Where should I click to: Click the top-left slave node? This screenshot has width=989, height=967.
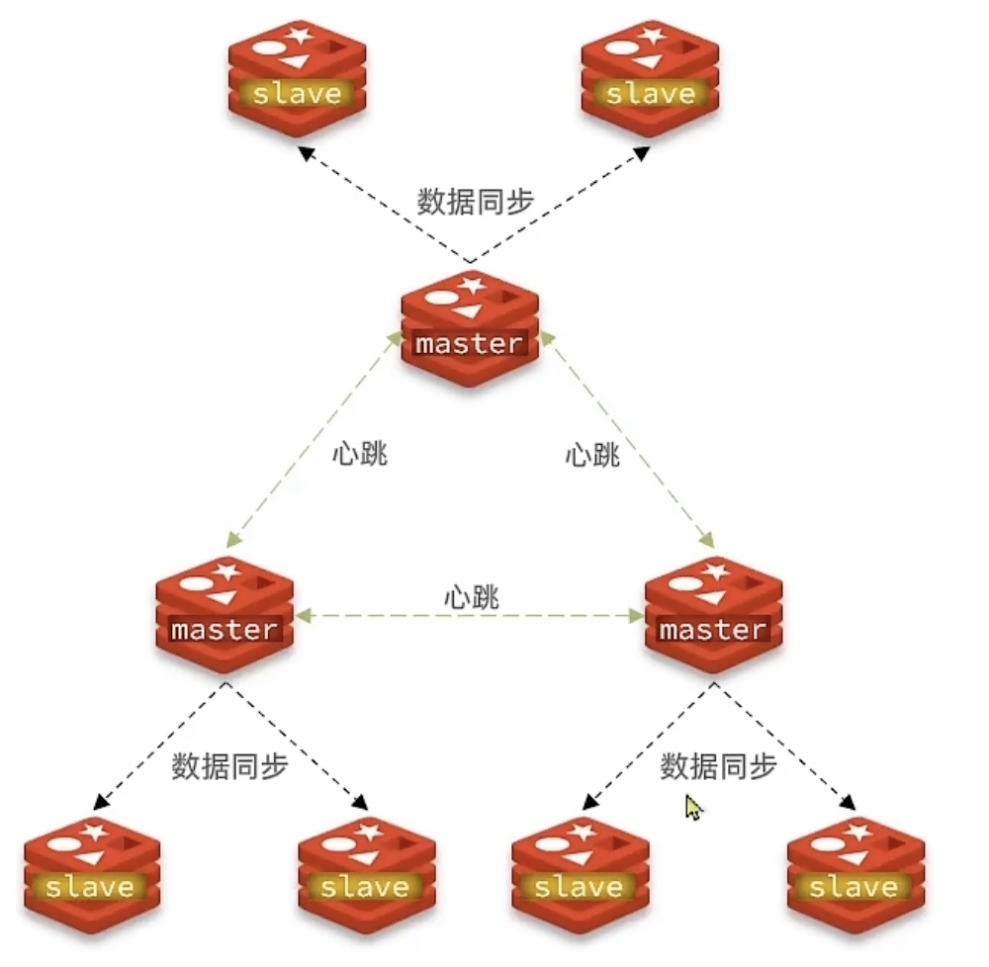(297, 77)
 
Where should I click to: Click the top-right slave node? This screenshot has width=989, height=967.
(650, 77)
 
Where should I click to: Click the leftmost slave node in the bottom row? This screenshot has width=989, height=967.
(90, 871)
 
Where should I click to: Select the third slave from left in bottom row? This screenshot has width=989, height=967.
(579, 871)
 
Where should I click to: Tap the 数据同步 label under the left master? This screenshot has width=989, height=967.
(229, 767)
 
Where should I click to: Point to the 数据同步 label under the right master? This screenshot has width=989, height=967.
(718, 767)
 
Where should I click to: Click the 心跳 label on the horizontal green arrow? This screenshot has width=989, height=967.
(471, 597)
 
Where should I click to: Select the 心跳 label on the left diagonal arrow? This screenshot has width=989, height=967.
(360, 456)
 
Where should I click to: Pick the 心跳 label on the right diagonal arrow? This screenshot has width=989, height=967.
(592, 456)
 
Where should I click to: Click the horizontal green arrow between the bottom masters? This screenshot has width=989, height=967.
(396, 616)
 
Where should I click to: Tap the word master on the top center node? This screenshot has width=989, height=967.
(469, 344)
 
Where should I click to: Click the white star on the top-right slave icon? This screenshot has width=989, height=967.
(651, 38)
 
